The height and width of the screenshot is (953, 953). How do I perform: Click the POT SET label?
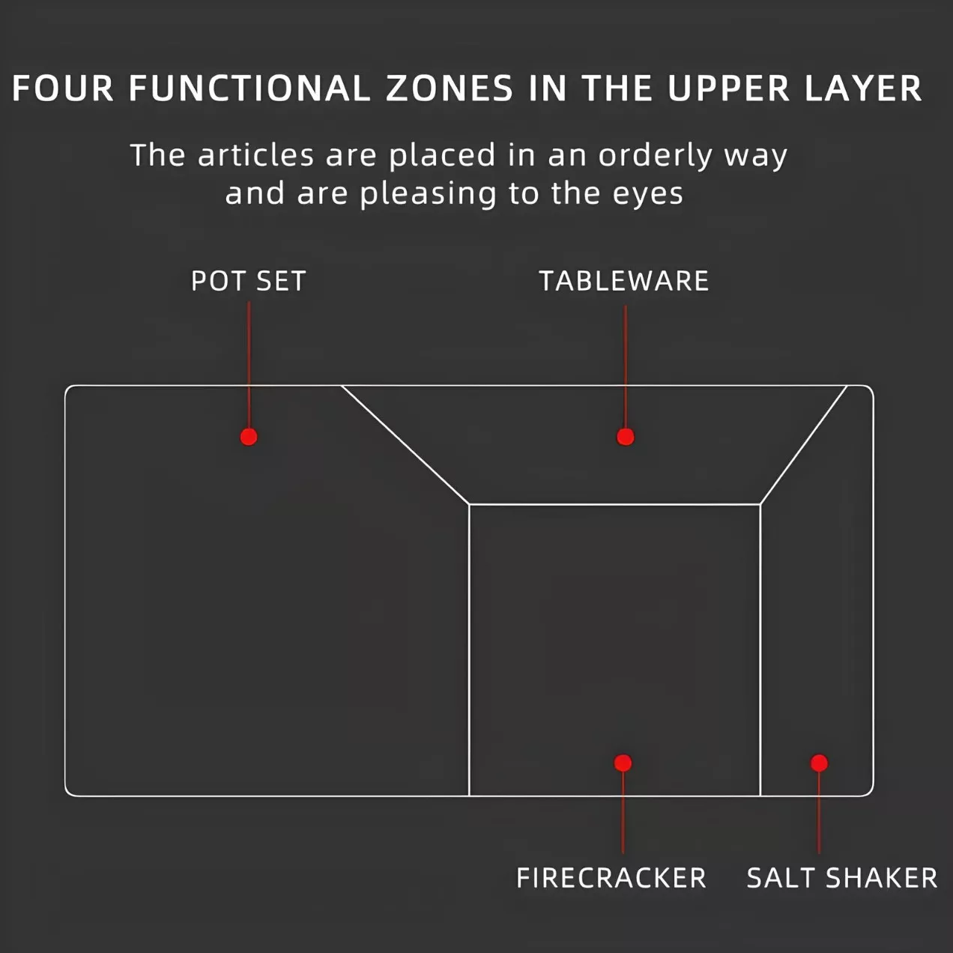[248, 281]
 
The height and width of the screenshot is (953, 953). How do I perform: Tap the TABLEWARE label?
[624, 281]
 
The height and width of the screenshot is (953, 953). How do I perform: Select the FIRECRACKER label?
[611, 878]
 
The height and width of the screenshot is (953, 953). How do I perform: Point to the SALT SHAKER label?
[841, 878]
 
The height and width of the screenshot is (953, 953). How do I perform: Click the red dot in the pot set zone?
[249, 437]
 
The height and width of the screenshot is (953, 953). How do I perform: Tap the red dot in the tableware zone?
[625, 437]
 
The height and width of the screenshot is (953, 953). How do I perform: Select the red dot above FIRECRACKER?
[623, 763]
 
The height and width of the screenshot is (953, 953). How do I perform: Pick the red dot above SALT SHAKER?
[819, 763]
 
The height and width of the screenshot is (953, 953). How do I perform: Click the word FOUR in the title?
[63, 89]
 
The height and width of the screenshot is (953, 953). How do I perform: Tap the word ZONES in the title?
[449, 89]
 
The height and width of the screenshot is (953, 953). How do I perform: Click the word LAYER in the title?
[864, 89]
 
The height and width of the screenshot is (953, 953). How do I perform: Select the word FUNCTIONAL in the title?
[249, 89]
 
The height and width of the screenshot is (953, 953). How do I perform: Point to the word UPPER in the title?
[728, 89]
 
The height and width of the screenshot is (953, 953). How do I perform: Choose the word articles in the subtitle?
[255, 155]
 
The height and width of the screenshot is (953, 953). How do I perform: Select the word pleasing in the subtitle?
[429, 194]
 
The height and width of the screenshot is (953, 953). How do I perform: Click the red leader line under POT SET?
[249, 365]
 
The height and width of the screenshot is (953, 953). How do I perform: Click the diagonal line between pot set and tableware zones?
[405, 445]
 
